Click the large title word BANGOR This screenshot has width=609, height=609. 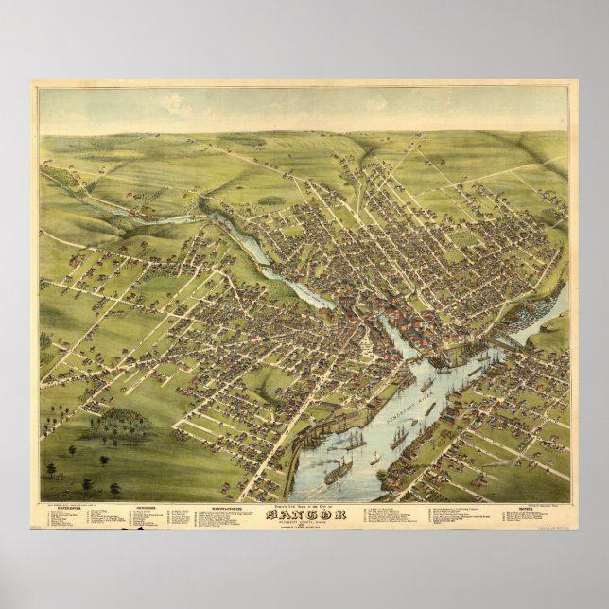pos(304,514)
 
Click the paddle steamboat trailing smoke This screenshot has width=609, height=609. pos(338,470)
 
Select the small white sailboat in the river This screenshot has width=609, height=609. pos(374,458)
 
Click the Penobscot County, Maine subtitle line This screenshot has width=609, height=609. pos(304,522)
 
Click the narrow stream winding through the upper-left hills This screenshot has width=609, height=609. pos(170,219)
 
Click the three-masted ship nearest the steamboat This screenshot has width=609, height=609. pos(354,440)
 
